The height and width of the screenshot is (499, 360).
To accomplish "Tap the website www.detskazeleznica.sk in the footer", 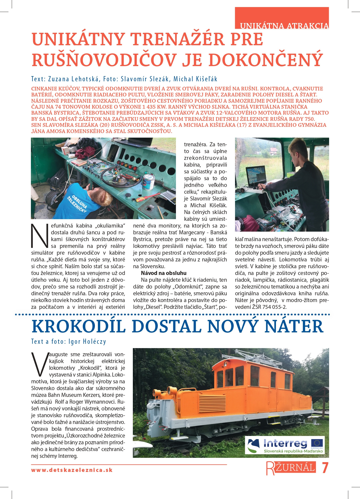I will pyautogui.click(x=72, y=470).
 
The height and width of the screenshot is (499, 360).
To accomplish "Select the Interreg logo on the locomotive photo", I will pyautogui.click(x=285, y=445).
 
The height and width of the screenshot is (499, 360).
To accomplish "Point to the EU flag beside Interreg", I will pyautogui.click(x=317, y=443).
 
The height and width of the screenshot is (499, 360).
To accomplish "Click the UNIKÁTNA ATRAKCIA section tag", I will pyautogui.click(x=284, y=26).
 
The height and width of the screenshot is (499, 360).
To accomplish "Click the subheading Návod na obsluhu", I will pyautogui.click(x=163, y=273).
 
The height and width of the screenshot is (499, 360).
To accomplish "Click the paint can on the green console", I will pyautogui.click(x=148, y=182).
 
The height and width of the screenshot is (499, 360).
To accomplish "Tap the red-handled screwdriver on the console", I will pyautogui.click(x=146, y=197).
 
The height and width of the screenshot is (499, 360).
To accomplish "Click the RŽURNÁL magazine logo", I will pyautogui.click(x=291, y=468).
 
